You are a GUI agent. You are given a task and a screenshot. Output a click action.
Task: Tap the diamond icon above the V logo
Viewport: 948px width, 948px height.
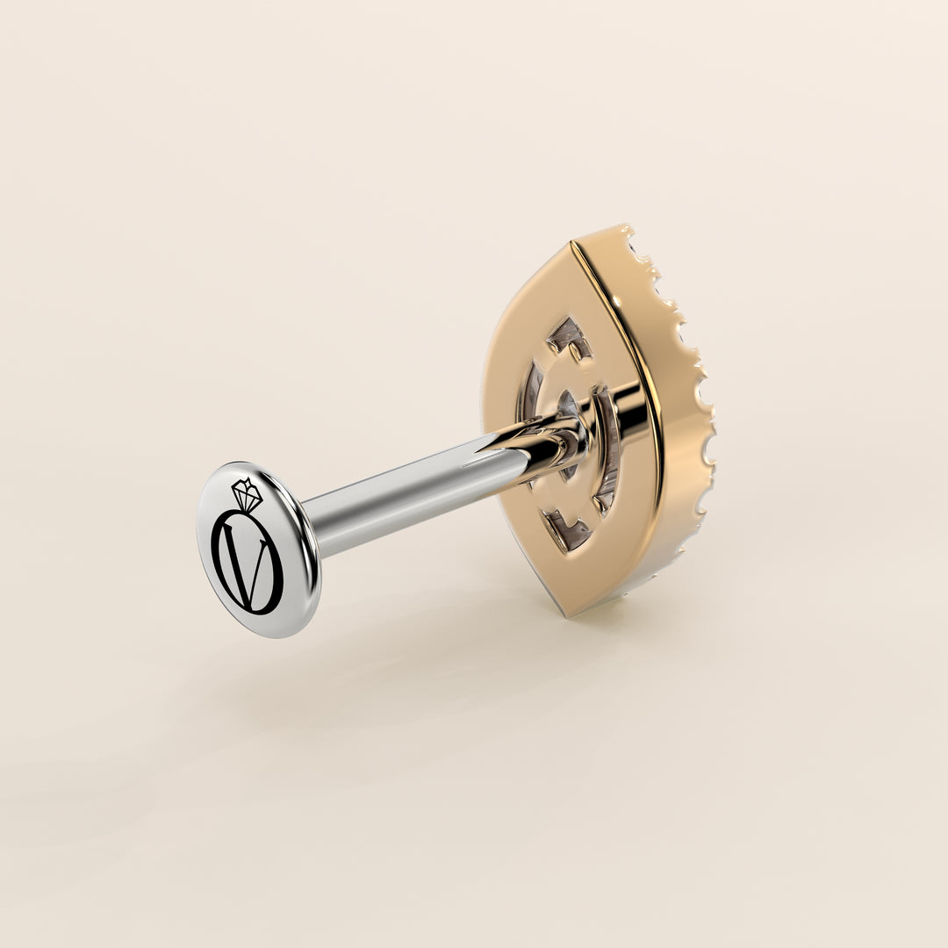click(x=248, y=494)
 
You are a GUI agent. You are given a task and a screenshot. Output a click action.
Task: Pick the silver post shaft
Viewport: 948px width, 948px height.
click(x=411, y=496)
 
